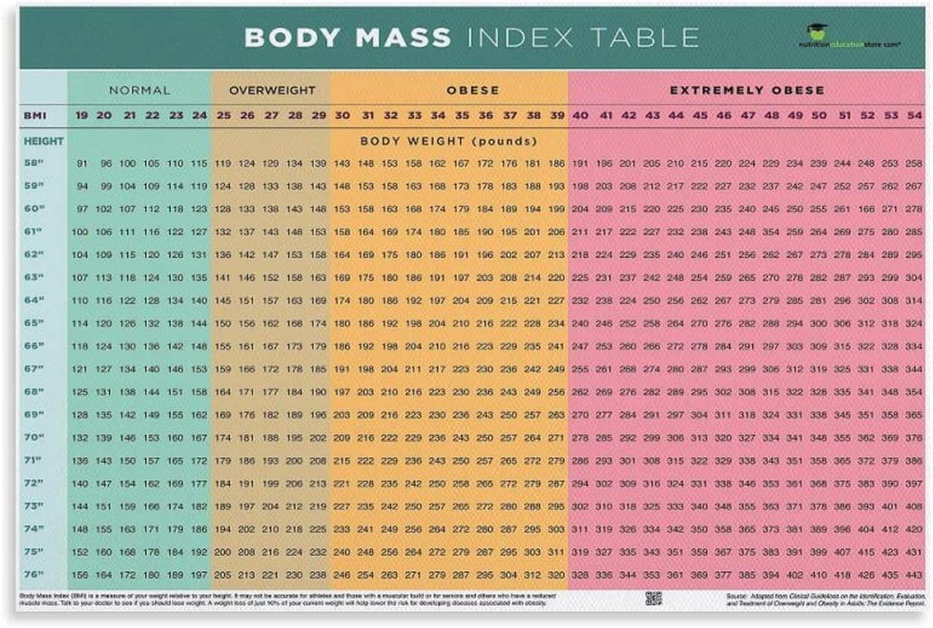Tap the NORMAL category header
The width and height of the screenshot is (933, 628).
[x=139, y=90]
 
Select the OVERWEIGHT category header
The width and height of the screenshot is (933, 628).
[x=272, y=90]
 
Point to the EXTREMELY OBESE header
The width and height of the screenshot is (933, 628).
[x=746, y=90]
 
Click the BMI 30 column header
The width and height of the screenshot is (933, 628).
[x=342, y=115]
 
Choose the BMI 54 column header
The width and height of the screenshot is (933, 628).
[x=913, y=115]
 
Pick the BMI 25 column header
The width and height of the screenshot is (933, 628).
[x=222, y=115]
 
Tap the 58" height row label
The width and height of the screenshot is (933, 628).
[x=35, y=163]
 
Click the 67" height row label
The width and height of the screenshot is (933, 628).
[x=35, y=368]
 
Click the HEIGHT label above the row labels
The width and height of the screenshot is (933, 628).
[x=43, y=141]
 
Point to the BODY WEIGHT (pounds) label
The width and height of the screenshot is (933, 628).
[x=448, y=141]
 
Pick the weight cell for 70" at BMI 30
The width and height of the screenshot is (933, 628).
[x=342, y=437]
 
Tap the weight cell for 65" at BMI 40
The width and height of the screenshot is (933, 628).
[x=580, y=323]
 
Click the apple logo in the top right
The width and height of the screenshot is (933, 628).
[x=816, y=31]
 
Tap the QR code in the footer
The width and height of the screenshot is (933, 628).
[x=653, y=598]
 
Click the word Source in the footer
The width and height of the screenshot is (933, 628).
[x=739, y=595]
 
